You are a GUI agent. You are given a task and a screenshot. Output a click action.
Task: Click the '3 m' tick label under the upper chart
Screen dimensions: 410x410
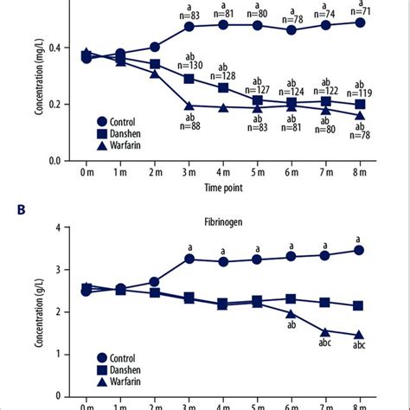coord(189,173)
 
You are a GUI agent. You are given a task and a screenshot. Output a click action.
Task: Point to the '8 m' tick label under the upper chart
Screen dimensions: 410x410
coord(358,173)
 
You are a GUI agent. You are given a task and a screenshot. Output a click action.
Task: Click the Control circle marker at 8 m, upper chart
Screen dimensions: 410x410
coord(358,22)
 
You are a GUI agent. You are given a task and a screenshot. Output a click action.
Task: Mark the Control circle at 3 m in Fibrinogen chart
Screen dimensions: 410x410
coord(189,259)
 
